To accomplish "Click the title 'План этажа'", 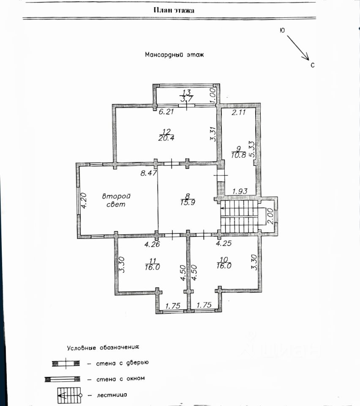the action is pyautogui.click(x=174, y=11).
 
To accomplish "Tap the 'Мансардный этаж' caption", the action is pyautogui.click(x=174, y=55).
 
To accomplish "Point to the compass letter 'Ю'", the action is pyautogui.click(x=282, y=30).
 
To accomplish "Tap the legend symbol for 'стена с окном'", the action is pyautogui.click(x=62, y=379).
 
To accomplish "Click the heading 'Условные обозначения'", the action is pyautogui.click(x=103, y=348).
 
